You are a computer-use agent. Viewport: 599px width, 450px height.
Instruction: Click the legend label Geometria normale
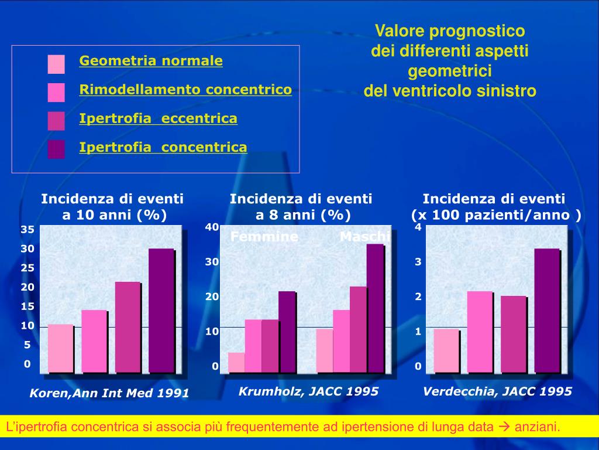(151, 61)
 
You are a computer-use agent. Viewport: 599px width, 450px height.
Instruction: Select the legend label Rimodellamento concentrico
(185, 90)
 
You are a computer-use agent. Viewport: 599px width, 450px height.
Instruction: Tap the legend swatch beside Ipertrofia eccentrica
(56, 120)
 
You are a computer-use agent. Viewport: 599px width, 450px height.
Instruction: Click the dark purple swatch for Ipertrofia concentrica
(56, 149)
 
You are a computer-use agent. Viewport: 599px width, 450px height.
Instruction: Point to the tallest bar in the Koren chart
(161, 310)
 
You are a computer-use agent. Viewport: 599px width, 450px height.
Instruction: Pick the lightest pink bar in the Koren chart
(60, 348)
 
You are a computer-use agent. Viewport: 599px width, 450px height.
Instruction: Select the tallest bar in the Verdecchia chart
(547, 310)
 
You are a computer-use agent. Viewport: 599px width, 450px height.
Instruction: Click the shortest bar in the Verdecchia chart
(446, 350)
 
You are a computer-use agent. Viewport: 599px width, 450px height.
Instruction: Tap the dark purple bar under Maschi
(375, 308)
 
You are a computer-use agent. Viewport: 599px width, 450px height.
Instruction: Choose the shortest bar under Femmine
(236, 362)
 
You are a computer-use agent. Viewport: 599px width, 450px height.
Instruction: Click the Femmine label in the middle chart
(264, 237)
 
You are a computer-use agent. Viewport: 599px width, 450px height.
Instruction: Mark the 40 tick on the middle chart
(212, 227)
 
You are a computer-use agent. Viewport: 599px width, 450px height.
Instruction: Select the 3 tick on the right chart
(418, 262)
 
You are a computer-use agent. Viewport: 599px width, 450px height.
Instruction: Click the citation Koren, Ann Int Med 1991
(109, 393)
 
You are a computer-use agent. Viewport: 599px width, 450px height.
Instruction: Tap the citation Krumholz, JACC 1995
(308, 391)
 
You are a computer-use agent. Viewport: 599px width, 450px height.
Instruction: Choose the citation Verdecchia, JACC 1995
(497, 391)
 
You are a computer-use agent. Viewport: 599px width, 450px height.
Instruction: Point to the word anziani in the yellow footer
(536, 427)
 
